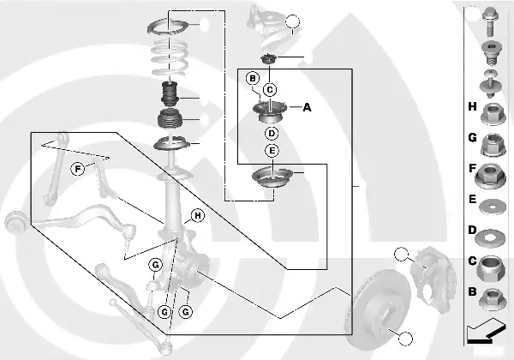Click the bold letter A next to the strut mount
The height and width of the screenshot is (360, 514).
[307, 107]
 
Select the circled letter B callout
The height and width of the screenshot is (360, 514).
[252, 79]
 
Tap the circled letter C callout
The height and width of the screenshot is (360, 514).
[270, 89]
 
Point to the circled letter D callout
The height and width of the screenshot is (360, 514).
[271, 133]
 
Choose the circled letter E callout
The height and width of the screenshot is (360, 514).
[271, 151]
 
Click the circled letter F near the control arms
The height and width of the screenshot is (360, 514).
[78, 168]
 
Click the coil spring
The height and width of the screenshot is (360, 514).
[170, 57]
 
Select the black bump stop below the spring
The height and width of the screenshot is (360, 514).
[169, 92]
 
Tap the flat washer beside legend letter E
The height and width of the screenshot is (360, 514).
[493, 206]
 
